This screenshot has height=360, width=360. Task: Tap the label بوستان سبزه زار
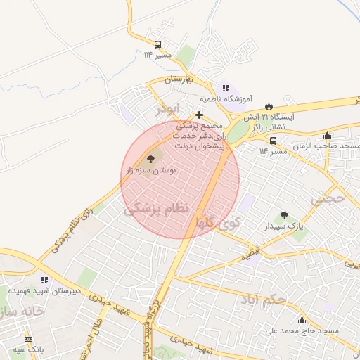150,171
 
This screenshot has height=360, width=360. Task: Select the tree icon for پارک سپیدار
284,216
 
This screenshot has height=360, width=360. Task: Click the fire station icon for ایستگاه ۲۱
267,105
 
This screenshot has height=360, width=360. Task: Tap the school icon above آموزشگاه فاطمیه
225,89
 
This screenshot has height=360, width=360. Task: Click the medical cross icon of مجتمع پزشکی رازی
200,115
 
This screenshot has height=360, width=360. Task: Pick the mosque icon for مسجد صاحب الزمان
327,136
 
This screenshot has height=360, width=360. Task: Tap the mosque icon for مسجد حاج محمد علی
302,320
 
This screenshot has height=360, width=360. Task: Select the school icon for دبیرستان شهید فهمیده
45,280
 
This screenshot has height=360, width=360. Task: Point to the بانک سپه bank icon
28,338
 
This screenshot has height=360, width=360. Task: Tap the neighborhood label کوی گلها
219,224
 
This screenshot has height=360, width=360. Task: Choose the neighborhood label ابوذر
169,110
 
